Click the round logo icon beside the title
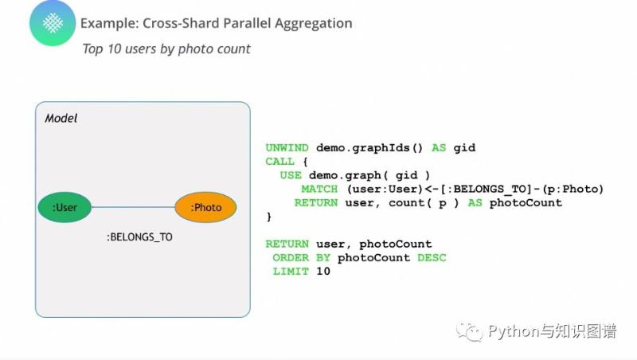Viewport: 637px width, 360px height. coord(53,23)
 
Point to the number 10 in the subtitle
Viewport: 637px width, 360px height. coord(114,49)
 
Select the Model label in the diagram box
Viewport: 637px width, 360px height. coord(61,118)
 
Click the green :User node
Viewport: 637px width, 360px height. coord(64,207)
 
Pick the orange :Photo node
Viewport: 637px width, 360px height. coord(205,207)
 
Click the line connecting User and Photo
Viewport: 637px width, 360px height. coord(133,207)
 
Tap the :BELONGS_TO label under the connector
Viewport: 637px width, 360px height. coord(139,237)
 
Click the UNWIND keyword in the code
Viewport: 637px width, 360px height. coord(287,148)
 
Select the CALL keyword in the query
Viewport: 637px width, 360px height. coord(279,162)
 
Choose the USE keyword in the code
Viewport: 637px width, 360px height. coord(291,175)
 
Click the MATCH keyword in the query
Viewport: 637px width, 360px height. coord(319,190)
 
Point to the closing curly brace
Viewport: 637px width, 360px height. coord(268,217)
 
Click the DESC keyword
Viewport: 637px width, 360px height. coord(432,258)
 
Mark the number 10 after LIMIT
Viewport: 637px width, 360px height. coord(323,272)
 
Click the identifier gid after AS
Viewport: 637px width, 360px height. coord(464,148)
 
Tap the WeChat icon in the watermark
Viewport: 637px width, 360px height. coord(470,332)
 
